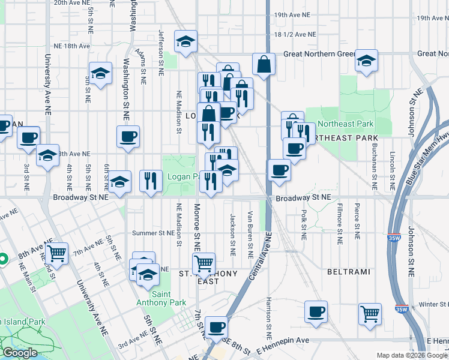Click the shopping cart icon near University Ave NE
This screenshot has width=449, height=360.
pyautogui.click(x=57, y=253)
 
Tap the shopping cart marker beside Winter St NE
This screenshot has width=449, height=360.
pyautogui.click(x=370, y=313)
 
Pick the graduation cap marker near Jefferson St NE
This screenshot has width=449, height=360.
pyautogui.click(x=186, y=41)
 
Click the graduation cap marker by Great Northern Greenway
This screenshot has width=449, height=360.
pyautogui.click(x=366, y=61)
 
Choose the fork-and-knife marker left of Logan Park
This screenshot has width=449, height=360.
pyautogui.click(x=151, y=180)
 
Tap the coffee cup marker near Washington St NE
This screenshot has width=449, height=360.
pyautogui.click(x=128, y=137)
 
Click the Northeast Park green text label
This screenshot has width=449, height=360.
pyautogui.click(x=345, y=124)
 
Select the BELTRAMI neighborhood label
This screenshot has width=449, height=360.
pyautogui.click(x=348, y=272)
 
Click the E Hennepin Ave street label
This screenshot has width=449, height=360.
pyautogui.click(x=282, y=341)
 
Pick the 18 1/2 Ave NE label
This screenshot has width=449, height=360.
pyautogui.click(x=294, y=35)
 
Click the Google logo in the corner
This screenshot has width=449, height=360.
pyautogui.click(x=19, y=353)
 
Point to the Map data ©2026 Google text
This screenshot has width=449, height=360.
pyautogui.click(x=411, y=355)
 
